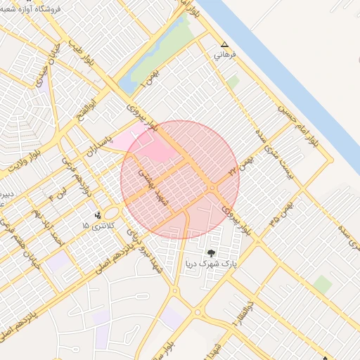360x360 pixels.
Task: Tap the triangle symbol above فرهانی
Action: pyautogui.click(x=224, y=43)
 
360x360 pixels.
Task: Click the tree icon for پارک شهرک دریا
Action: pyautogui.click(x=212, y=252)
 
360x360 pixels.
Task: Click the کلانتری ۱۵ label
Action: pyautogui.click(x=96, y=226)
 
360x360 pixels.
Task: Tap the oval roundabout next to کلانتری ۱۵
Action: pyautogui.click(x=112, y=212)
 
